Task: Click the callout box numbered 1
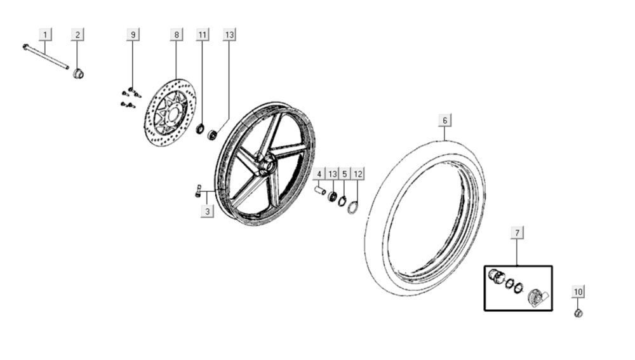[x=44, y=34]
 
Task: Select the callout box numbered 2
[x=77, y=34]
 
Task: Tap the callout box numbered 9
[x=133, y=34]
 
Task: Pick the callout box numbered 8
[x=177, y=34]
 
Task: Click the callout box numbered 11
[x=202, y=34]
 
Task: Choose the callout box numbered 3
[x=207, y=211]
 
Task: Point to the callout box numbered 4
[x=320, y=173]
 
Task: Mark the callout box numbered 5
[x=345, y=173]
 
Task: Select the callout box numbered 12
[x=358, y=173]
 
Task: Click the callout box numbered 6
[x=444, y=120]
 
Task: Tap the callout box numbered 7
[x=517, y=233]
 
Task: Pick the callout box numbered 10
[x=578, y=291]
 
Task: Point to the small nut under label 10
[x=578, y=313]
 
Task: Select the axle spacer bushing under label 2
[x=79, y=74]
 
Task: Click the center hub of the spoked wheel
[x=266, y=167]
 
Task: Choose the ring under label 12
[x=353, y=207]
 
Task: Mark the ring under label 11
[x=200, y=130]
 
